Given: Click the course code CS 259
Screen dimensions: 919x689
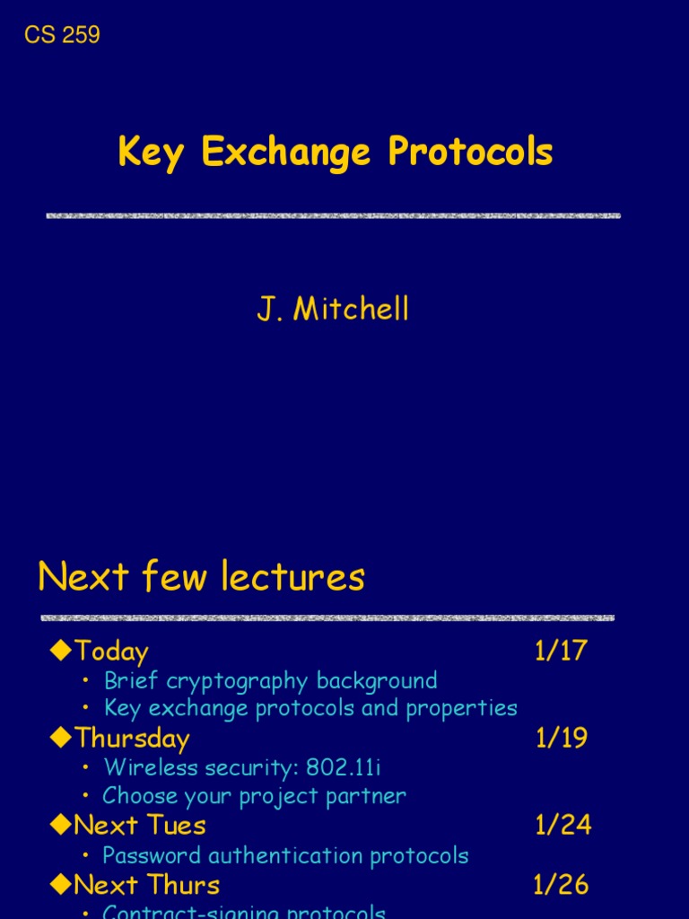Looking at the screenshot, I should pos(62,35).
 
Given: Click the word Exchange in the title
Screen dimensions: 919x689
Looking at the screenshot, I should pos(285,153).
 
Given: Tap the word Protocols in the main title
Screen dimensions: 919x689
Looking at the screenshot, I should pos(470,153).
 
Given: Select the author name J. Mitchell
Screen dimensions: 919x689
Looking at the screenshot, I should pos(333,310).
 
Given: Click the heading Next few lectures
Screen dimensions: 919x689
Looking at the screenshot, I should pos(201,576).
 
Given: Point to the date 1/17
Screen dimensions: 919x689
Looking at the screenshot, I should pos(561,651).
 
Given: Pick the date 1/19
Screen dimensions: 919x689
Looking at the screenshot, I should pos(562,738).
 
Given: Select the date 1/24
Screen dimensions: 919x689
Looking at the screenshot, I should pos(563,825).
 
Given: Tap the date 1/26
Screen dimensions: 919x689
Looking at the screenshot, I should pos(561,885).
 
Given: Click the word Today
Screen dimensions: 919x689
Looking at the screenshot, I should pos(111,652).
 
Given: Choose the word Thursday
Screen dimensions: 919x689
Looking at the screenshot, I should pos(132,739).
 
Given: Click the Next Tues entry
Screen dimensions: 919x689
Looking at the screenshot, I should pos(140,826).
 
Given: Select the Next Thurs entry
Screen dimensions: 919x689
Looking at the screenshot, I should pos(147,885).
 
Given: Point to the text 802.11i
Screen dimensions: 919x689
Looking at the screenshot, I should pos(344,767).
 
